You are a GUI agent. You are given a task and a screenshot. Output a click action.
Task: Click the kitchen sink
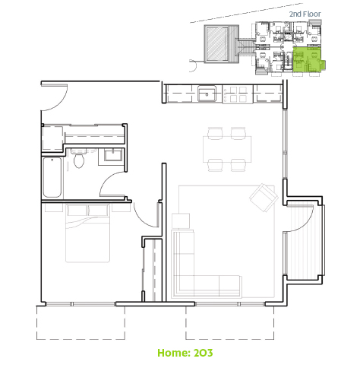(207, 94)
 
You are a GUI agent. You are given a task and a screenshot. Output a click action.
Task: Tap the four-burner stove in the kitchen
(238, 94)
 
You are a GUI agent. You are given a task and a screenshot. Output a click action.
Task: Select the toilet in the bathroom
(79, 158)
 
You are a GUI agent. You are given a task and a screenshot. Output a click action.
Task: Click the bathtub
(52, 177)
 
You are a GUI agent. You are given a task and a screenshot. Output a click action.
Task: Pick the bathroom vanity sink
(113, 155)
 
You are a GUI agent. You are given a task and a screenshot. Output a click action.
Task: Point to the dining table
(227, 149)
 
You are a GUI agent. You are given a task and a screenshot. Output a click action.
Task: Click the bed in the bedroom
(87, 233)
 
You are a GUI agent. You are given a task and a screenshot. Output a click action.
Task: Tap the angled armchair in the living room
(264, 198)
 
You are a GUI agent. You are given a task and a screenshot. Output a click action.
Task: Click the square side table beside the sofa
(181, 220)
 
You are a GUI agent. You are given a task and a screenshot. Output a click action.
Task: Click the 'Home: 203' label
(185, 353)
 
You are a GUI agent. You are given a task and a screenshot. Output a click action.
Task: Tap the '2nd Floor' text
(305, 14)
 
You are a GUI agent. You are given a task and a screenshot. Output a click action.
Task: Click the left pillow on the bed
(77, 211)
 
